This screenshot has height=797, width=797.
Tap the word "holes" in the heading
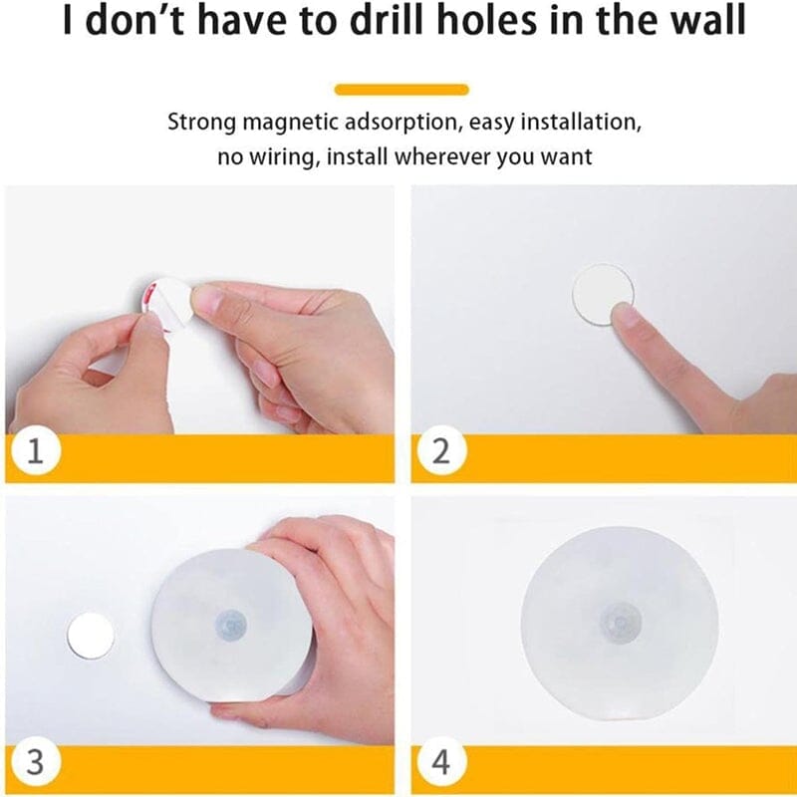pos(486,20)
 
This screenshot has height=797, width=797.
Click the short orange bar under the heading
pos(401,90)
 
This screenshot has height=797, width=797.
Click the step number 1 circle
pos(35,450)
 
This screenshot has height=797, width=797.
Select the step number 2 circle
pos(440,450)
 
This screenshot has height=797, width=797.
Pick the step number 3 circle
pos(35,761)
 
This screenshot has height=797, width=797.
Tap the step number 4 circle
pos(440,761)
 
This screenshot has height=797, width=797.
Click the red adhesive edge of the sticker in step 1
pos(148,295)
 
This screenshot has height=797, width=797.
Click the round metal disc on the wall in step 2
pos(603,294)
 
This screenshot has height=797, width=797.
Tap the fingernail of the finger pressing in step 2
pos(625,314)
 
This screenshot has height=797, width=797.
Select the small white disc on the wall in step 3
pos(91,636)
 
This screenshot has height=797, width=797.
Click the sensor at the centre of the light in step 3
pos(231,624)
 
